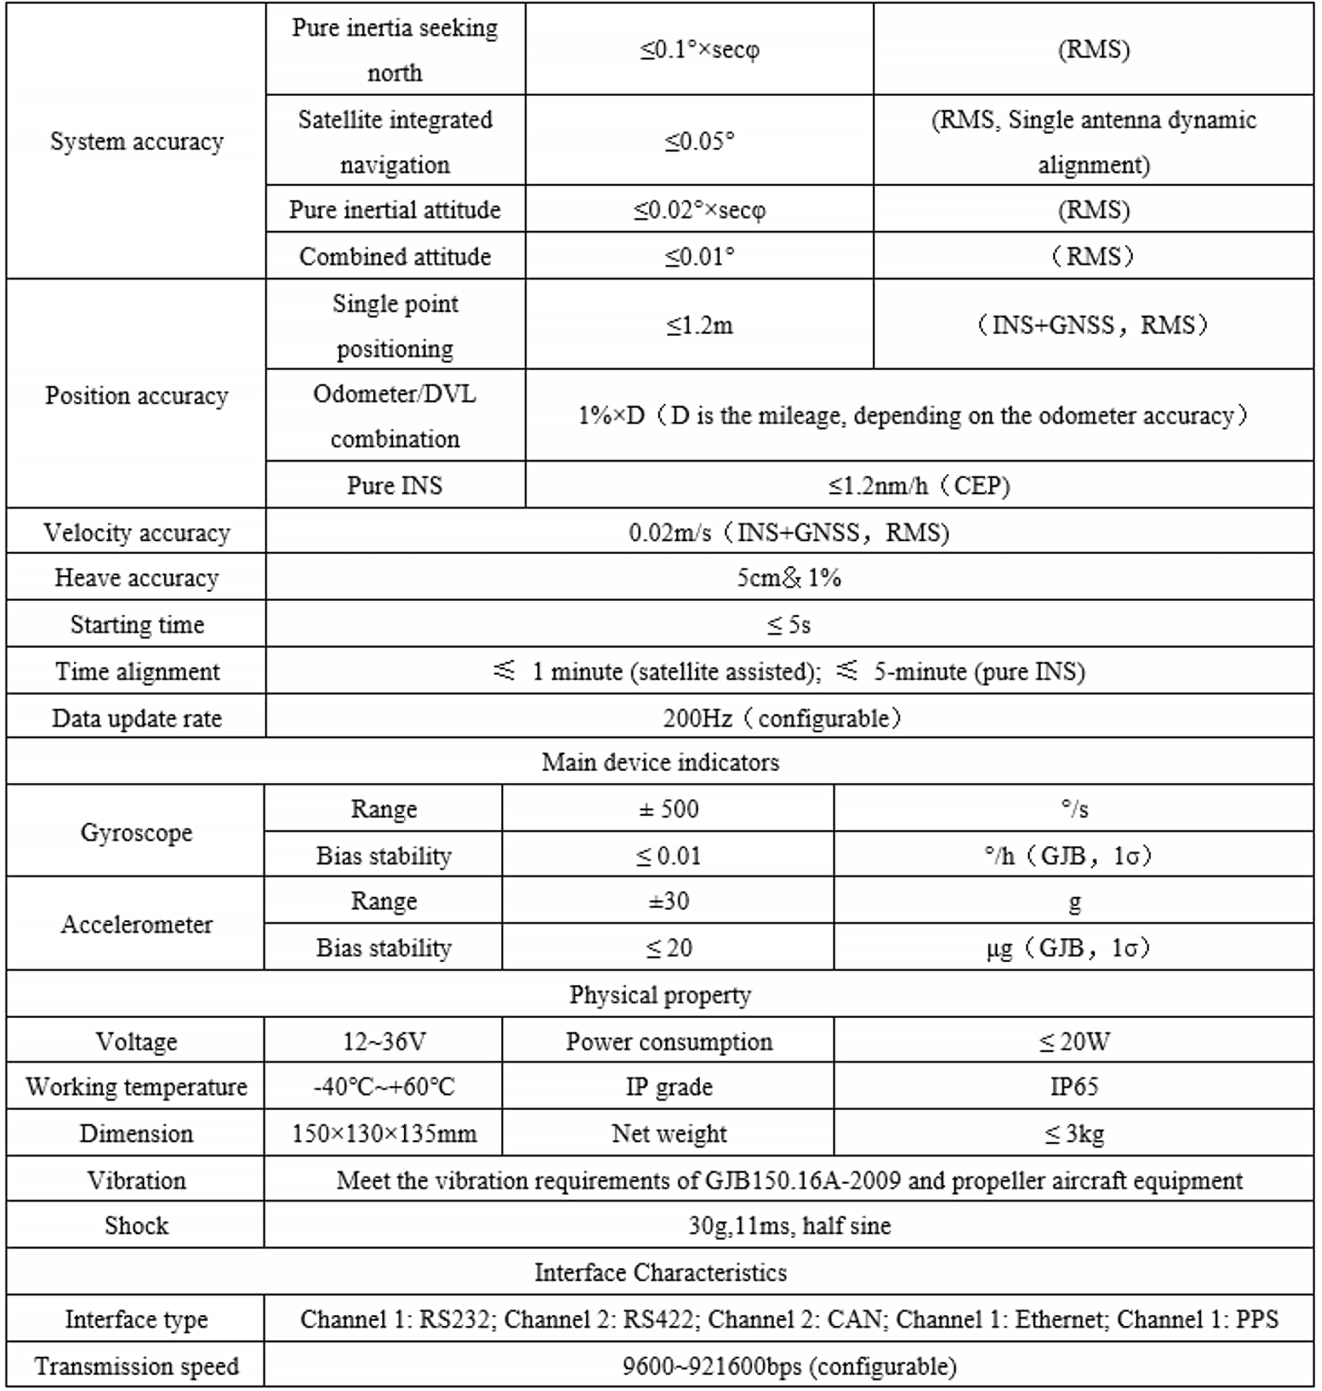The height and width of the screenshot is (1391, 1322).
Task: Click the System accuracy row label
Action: coord(136,142)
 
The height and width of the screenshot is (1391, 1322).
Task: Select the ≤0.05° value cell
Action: coord(699,142)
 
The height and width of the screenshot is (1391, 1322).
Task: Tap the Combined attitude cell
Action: coord(395,256)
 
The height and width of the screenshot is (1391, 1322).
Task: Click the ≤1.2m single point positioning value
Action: coord(699,325)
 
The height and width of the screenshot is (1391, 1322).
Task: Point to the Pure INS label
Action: coord(395,485)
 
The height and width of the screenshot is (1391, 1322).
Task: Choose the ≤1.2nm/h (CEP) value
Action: coord(919,485)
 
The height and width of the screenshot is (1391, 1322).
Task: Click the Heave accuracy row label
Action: coord(136,578)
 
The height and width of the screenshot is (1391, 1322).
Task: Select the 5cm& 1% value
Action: coord(788,578)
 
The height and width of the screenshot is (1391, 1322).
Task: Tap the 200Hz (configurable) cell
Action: coord(783,718)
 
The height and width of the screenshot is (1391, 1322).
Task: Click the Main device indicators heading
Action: coord(660,762)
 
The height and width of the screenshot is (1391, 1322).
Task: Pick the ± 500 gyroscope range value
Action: coord(668,809)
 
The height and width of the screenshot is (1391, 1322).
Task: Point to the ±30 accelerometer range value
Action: coord(668,901)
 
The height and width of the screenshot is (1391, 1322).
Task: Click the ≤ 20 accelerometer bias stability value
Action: coord(668,948)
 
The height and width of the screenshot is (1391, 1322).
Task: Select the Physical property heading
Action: coord(660,995)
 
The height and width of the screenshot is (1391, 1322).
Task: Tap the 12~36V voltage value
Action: coord(384,1042)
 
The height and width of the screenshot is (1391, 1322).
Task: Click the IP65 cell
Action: coord(1074,1086)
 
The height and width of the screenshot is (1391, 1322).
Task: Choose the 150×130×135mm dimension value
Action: coord(384,1133)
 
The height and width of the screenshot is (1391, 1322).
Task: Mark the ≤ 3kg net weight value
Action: coord(1074,1133)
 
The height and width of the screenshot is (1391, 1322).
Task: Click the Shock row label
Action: coord(136,1225)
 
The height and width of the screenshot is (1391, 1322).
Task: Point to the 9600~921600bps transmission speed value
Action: coord(788,1366)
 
